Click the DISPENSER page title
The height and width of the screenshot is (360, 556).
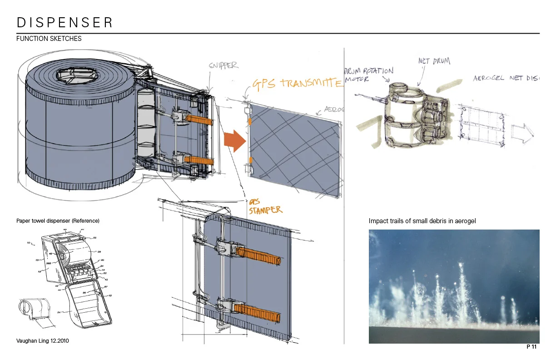point(65,22)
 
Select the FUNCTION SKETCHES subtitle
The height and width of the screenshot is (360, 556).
point(49,39)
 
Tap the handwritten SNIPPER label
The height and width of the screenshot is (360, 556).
point(223,65)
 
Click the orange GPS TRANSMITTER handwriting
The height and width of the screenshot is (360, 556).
point(297,83)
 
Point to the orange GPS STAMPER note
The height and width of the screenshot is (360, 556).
point(265,207)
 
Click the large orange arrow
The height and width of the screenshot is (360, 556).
point(234,140)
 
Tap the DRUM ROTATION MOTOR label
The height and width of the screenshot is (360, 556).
point(368,75)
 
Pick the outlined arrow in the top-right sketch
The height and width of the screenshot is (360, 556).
point(522,132)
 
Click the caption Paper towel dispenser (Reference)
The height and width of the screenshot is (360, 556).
point(58,221)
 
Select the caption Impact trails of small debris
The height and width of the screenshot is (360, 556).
point(422,221)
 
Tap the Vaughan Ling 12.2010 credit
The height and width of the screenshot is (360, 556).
point(42,340)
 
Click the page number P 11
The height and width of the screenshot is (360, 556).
point(531,347)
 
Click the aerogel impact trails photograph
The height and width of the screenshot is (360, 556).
point(454,286)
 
